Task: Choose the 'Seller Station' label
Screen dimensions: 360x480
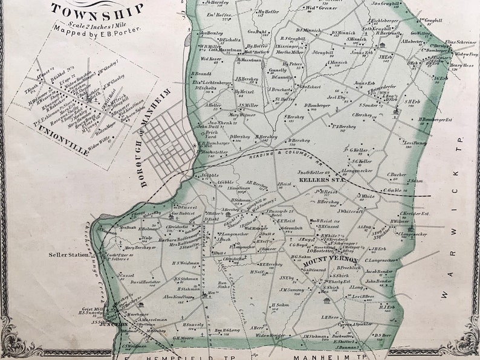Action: [68, 254]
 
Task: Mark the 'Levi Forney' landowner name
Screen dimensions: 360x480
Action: [415, 143]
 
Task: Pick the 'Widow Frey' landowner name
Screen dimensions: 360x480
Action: [465, 54]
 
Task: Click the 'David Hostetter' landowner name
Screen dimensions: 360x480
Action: [146, 282]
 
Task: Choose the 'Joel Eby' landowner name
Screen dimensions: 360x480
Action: [336, 97]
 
